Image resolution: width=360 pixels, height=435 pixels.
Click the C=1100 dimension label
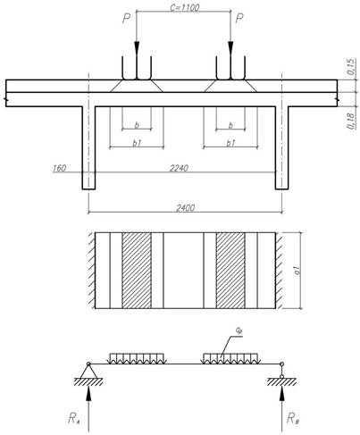(185, 8)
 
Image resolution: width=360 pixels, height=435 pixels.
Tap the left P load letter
(127, 19)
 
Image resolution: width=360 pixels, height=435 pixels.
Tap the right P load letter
(239, 19)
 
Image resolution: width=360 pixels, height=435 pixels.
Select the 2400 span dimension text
(185, 207)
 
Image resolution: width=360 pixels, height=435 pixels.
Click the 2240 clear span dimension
(179, 168)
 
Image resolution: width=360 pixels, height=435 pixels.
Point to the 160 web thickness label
(59, 168)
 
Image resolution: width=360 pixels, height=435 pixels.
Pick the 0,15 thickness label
(351, 66)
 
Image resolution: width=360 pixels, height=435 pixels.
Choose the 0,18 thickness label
(351, 121)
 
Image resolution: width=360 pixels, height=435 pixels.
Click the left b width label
(137, 125)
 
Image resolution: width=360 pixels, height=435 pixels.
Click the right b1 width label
(230, 143)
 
